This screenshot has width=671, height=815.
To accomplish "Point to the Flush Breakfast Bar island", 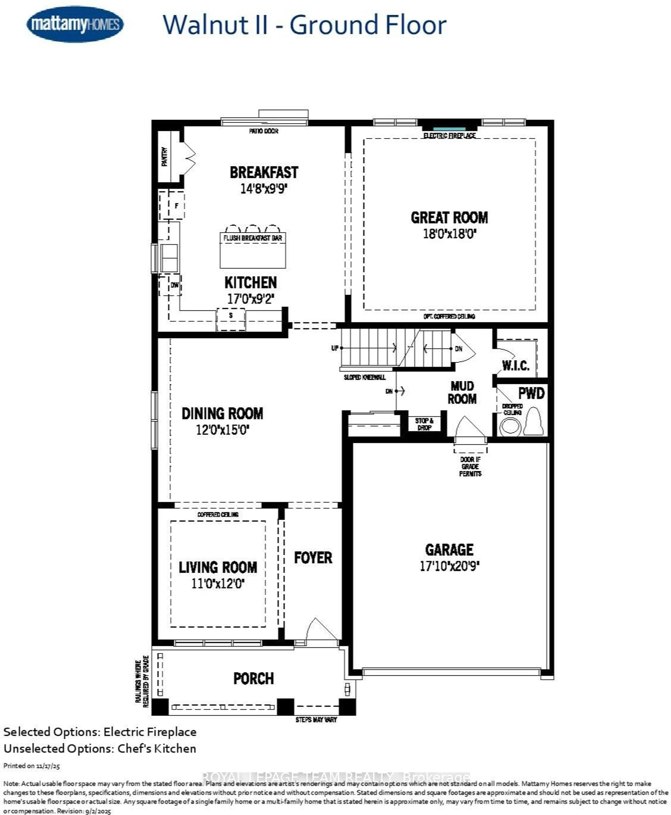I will [253, 250].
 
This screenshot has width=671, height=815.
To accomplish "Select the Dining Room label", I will [222, 413].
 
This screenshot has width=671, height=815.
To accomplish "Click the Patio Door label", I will [264, 131].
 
